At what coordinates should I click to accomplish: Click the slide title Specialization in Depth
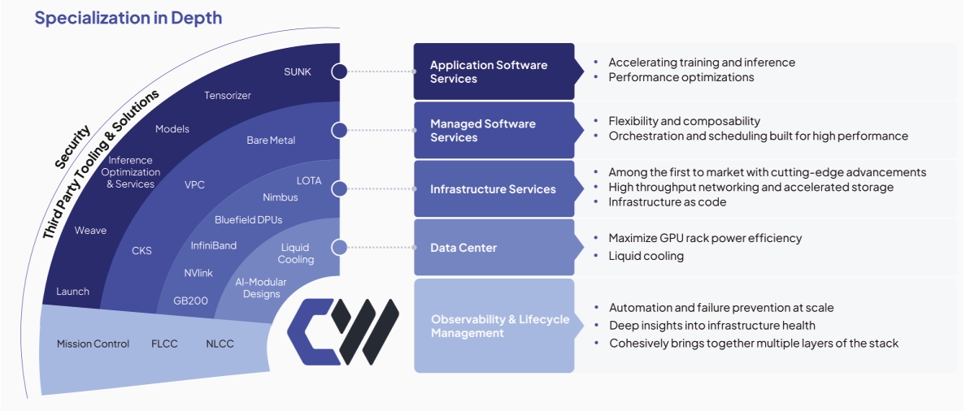pyautogui.click(x=128, y=18)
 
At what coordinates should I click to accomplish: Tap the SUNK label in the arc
pyautogui.click(x=298, y=71)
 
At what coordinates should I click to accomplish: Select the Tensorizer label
pyautogui.click(x=228, y=95)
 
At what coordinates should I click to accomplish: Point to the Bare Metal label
pyautogui.click(x=271, y=141)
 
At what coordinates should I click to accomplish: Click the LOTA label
pyautogui.click(x=309, y=180)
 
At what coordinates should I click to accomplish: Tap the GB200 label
pyautogui.click(x=191, y=301)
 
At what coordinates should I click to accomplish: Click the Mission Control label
pyautogui.click(x=93, y=344)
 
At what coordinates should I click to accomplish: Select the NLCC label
pyautogui.click(x=220, y=344)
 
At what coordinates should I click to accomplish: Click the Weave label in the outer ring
pyautogui.click(x=90, y=231)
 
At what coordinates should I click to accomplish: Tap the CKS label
pyautogui.click(x=141, y=251)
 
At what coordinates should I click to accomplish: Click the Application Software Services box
pyautogui.click(x=494, y=71)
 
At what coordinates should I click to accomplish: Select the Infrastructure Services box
pyautogui.click(x=494, y=189)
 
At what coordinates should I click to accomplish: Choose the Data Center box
pyautogui.click(x=494, y=247)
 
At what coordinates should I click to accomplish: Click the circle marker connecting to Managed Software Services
pyautogui.click(x=339, y=130)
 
